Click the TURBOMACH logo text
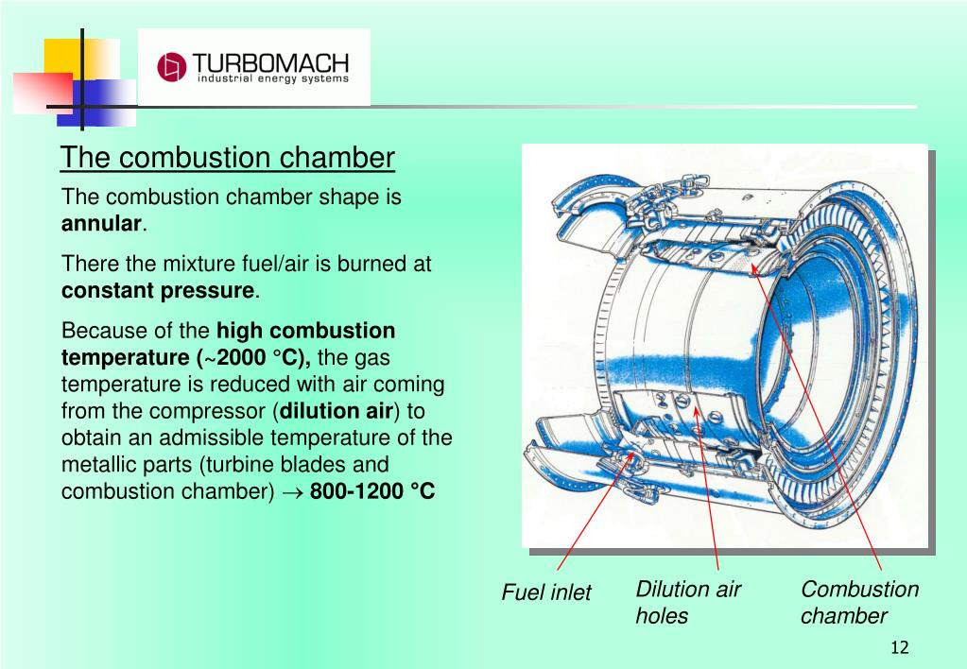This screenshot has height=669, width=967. (270, 63)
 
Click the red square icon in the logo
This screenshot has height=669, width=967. (171, 67)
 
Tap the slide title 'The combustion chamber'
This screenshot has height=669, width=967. (228, 158)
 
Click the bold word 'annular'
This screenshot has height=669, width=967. (102, 225)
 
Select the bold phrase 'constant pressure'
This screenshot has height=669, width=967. (158, 290)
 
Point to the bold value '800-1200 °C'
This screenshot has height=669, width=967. (372, 492)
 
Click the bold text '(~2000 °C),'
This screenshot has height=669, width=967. (256, 358)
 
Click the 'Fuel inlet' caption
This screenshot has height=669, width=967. (545, 592)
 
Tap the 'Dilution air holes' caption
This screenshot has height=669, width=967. (688, 603)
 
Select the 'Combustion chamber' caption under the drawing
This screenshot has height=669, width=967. (859, 603)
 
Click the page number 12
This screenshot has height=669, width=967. (899, 647)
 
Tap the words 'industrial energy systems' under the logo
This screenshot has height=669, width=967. (272, 79)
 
